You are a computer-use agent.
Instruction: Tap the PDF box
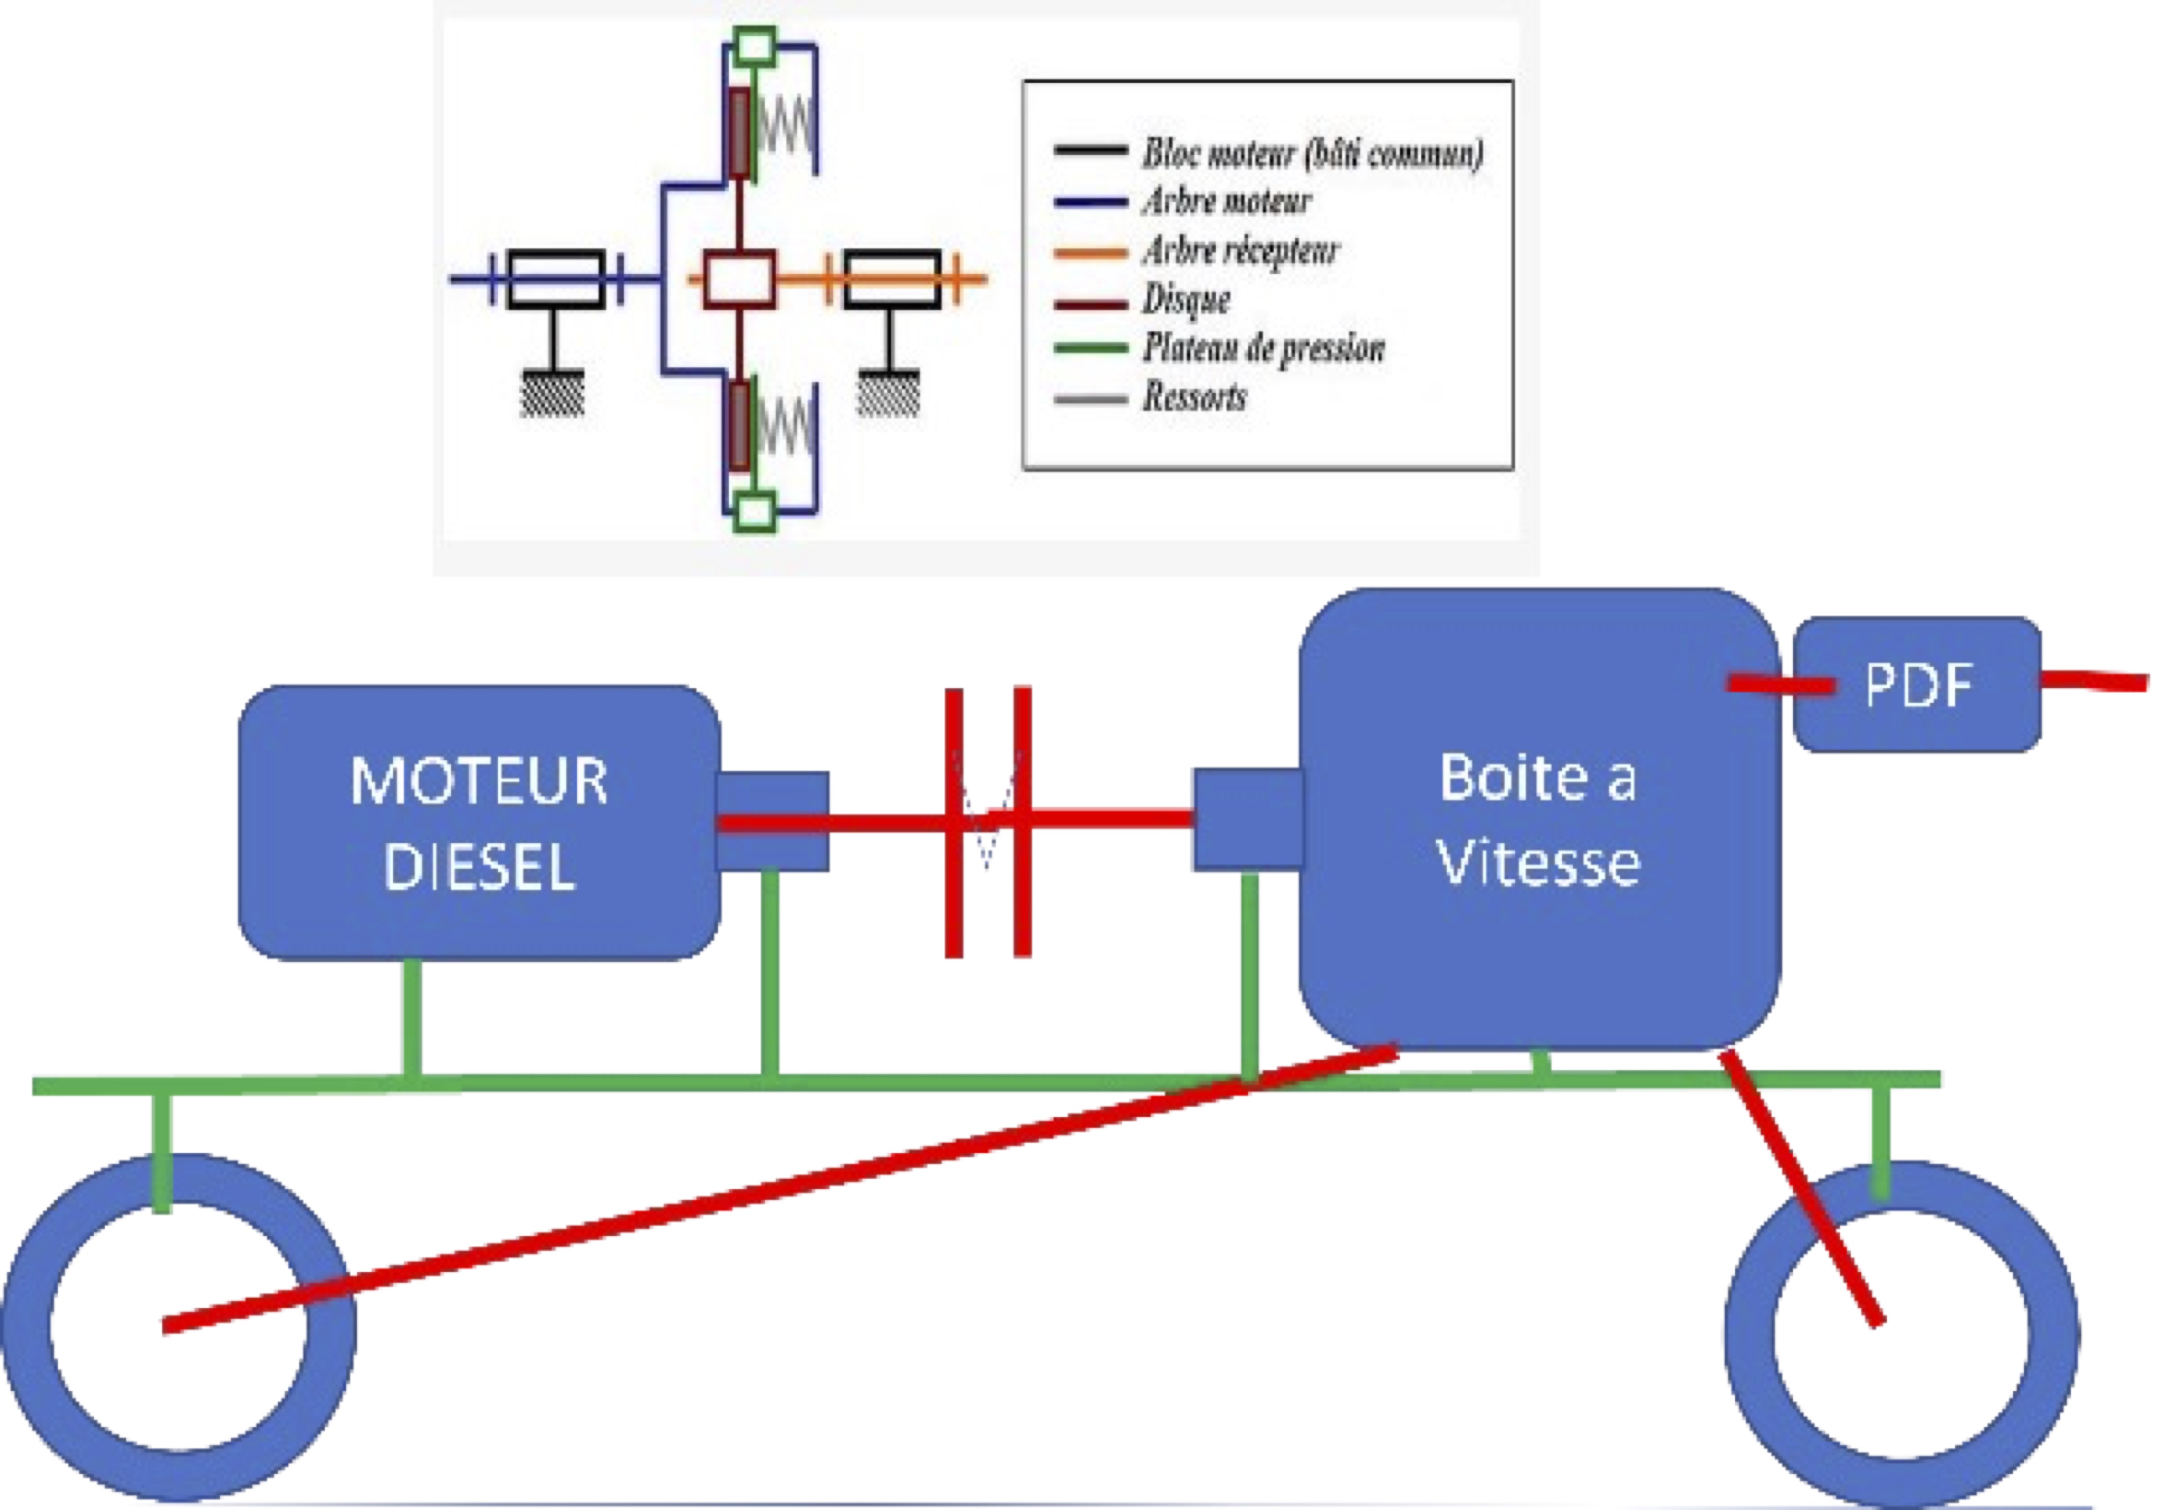point(1917,684)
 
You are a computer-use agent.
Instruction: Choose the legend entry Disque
point(1186,300)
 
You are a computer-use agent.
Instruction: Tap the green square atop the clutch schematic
point(755,45)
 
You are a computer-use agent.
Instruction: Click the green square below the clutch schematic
point(755,513)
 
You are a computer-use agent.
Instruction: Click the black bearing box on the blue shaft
point(556,279)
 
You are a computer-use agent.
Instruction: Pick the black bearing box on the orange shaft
point(892,279)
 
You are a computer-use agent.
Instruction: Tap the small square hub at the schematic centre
point(740,279)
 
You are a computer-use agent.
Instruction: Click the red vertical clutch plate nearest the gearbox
point(1022,822)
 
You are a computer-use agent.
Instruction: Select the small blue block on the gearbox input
point(1248,819)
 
